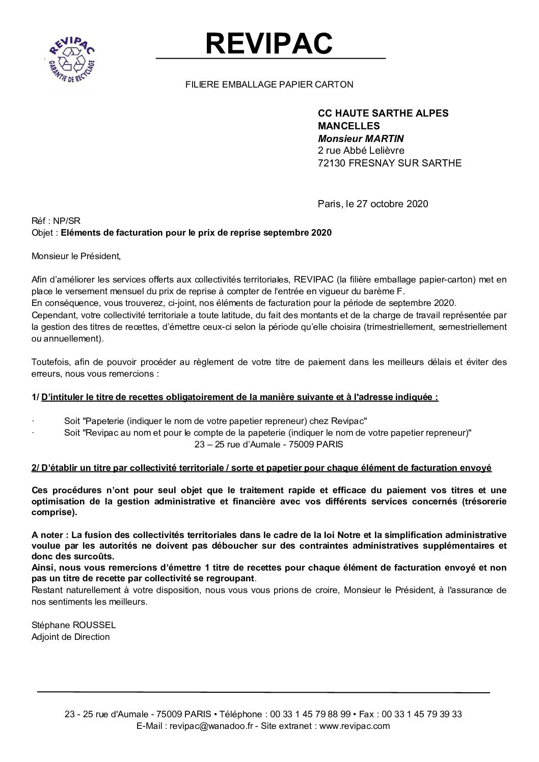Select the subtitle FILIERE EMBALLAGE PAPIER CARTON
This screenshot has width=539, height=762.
click(269, 85)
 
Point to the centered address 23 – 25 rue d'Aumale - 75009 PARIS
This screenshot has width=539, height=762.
click(269, 444)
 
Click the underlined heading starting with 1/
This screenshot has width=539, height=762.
click(235, 398)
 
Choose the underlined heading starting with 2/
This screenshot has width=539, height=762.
click(261, 468)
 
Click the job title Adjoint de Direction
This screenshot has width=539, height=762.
click(70, 637)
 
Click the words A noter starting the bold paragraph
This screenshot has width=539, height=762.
click(48, 535)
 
